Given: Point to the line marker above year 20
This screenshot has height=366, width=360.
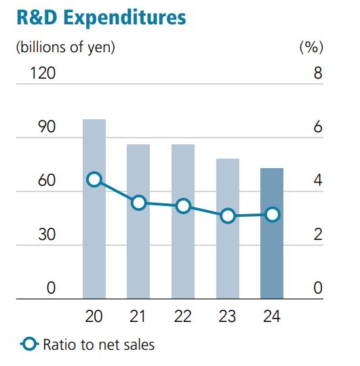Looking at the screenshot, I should click(x=94, y=179).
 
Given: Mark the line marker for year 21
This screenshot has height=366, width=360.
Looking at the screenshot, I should click(x=138, y=202).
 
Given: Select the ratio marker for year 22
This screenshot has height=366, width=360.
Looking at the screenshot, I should click(x=183, y=206).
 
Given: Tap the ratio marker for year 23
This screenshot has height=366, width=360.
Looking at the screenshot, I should click(x=227, y=216).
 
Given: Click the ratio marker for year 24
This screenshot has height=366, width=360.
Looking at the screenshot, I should click(x=272, y=214).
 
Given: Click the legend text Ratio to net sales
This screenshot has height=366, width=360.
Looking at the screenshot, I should click(x=98, y=345).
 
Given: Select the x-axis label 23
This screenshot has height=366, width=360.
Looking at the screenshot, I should click(x=227, y=316).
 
